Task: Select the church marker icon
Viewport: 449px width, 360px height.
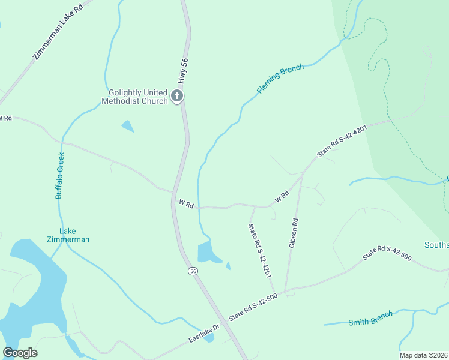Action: [177, 96]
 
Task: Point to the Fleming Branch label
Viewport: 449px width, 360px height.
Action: [280, 78]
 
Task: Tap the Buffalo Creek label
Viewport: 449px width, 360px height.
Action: [59, 175]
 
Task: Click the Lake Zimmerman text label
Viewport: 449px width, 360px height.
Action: [68, 235]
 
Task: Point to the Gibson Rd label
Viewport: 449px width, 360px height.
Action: [294, 233]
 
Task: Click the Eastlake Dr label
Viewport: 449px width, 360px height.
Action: [205, 331]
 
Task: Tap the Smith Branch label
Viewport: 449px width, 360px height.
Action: [370, 318]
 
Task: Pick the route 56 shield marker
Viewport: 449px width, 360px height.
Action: [193, 271]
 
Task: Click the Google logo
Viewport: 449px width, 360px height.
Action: [20, 353]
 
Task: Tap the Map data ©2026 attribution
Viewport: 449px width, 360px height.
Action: [424, 355]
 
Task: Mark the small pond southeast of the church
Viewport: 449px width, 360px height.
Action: [128, 126]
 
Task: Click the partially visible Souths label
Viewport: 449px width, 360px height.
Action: [436, 245]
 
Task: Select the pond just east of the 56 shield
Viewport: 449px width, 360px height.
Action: [208, 252]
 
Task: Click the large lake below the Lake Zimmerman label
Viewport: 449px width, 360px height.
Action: [36, 282]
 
